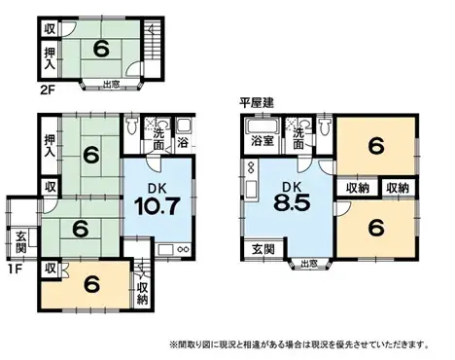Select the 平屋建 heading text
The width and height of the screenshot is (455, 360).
(257, 103)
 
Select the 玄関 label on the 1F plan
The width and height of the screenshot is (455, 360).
(21, 236)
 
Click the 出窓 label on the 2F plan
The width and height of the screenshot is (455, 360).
(110, 87)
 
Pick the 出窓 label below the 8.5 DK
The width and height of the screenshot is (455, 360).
(309, 263)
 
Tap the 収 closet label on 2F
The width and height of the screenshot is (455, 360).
(49, 28)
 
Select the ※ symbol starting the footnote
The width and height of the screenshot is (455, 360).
(173, 344)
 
